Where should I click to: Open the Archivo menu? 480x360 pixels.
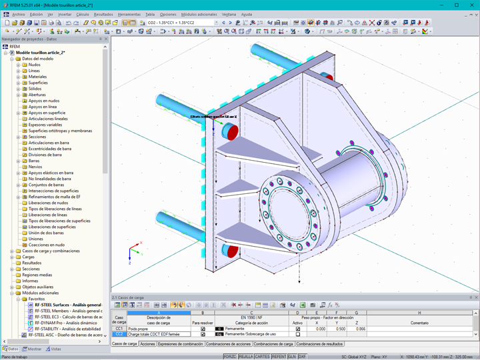pyautogui.click(x=18, y=13)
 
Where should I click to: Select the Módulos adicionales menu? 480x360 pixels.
pyautogui.click(x=199, y=13)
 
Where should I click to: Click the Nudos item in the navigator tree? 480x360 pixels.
pyautogui.click(x=34, y=65)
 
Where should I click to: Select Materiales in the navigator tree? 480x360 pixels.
pyautogui.click(x=38, y=77)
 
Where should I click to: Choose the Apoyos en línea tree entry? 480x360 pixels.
pyautogui.click(x=42, y=107)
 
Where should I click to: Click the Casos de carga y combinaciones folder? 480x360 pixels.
pyautogui.click(x=50, y=251)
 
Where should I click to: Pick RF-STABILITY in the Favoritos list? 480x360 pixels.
pyautogui.click(x=65, y=329)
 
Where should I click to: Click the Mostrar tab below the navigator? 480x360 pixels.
pyautogui.click(x=34, y=349)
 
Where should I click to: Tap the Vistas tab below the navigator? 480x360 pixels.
pyautogui.click(x=55, y=349)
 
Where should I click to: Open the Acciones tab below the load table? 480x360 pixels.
pyautogui.click(x=147, y=344)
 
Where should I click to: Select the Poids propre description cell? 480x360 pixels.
pyautogui.click(x=159, y=329)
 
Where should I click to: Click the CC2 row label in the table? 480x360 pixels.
pyautogui.click(x=119, y=334)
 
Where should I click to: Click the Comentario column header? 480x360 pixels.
pyautogui.click(x=419, y=323)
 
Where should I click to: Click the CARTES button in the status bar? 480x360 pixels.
pyautogui.click(x=261, y=357)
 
